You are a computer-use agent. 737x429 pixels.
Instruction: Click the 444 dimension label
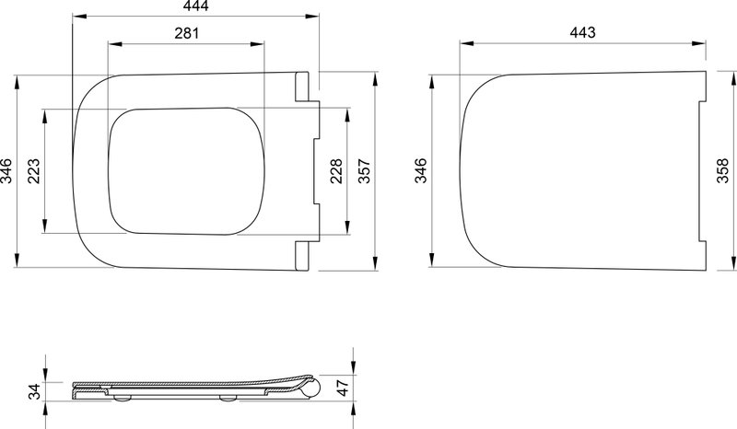pos(194,6)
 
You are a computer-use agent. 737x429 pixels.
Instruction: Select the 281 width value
pos(187,33)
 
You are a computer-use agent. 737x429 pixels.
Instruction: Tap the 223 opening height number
pos(33,171)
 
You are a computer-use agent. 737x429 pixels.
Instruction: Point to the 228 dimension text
pos(336,171)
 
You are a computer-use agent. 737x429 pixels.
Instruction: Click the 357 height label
pos(364,171)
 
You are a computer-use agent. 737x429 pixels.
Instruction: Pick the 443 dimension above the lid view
pos(582,32)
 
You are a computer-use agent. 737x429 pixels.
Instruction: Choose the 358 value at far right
pos(723,170)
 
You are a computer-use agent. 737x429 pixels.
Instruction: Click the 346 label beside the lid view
pos(420,170)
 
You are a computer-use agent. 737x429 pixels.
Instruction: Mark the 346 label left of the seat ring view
pos(6,171)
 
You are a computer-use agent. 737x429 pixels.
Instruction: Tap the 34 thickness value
pos(34,391)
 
